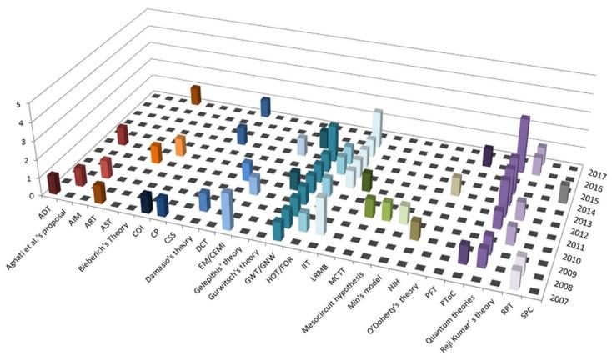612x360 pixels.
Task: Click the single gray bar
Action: [564, 192]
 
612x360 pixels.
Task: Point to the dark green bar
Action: [366, 181]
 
